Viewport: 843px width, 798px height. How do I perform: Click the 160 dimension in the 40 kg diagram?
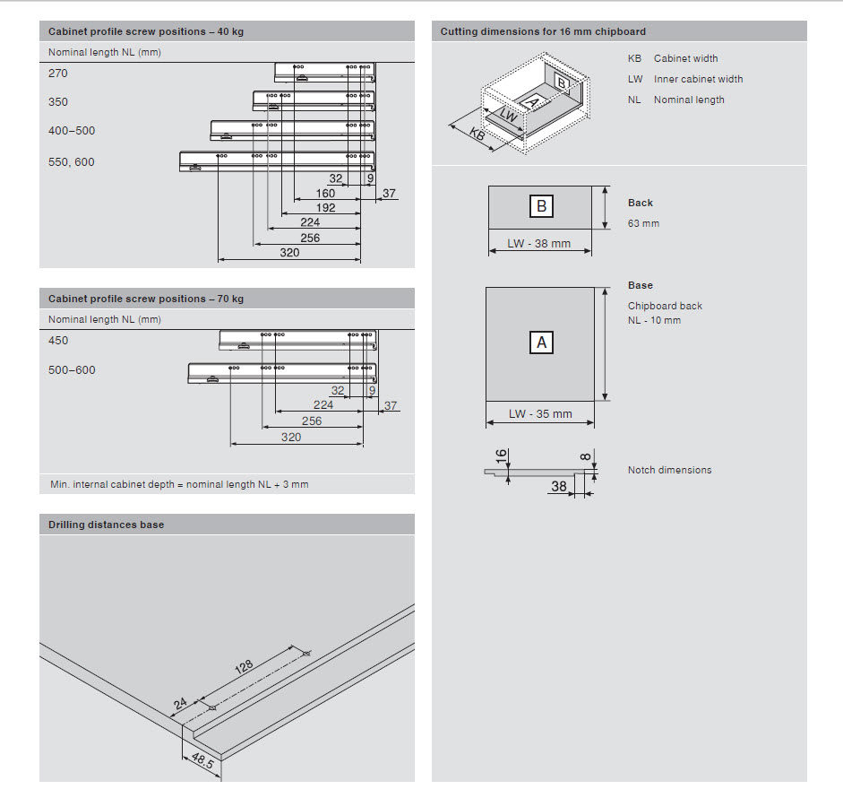pyautogui.click(x=326, y=193)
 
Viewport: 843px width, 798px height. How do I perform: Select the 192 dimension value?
pyautogui.click(x=326, y=208)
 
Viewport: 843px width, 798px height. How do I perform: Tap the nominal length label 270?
pyautogui.click(x=58, y=74)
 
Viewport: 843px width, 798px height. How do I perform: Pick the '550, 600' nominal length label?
pyautogui.click(x=71, y=162)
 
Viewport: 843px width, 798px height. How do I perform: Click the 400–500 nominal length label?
pyautogui.click(x=72, y=131)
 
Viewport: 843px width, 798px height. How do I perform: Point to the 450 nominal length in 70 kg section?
pyautogui.click(x=58, y=341)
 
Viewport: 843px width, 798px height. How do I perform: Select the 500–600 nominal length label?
pyautogui.click(x=72, y=370)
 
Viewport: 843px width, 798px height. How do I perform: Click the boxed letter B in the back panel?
pyautogui.click(x=541, y=206)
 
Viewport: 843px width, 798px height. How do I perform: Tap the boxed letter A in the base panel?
pyautogui.click(x=541, y=342)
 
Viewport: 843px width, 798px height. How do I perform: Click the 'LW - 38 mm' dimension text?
pyautogui.click(x=539, y=244)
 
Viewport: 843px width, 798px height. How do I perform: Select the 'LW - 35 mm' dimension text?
pyautogui.click(x=540, y=414)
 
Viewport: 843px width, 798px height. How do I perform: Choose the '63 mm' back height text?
pyautogui.click(x=643, y=223)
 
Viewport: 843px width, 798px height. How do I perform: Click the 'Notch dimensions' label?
pyautogui.click(x=669, y=470)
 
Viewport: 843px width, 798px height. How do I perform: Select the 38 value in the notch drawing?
pyautogui.click(x=559, y=487)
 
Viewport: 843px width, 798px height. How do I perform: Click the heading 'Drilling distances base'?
pyautogui.click(x=107, y=525)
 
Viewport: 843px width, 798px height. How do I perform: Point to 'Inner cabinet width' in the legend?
pyautogui.click(x=698, y=79)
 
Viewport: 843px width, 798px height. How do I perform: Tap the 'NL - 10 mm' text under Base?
pyautogui.click(x=654, y=320)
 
